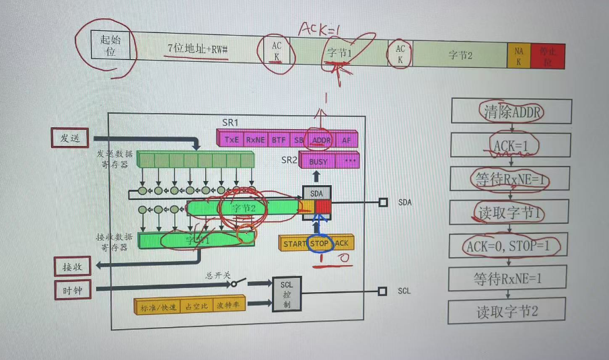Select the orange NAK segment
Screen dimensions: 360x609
[x=518, y=55]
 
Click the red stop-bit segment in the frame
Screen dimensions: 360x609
[x=547, y=56]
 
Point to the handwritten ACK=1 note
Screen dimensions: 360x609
[x=320, y=28]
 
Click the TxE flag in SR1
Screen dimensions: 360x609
[x=232, y=140]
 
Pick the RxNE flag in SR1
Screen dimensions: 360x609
[x=256, y=140]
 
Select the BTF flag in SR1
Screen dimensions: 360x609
[x=278, y=140]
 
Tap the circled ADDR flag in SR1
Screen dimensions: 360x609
[x=322, y=140]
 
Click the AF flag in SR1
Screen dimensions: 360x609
[x=346, y=140]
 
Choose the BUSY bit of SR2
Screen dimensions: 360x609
[x=318, y=161]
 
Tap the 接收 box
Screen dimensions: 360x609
[x=71, y=267]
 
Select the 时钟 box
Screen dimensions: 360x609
[x=71, y=290]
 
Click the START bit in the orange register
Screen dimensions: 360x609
[x=294, y=243]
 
